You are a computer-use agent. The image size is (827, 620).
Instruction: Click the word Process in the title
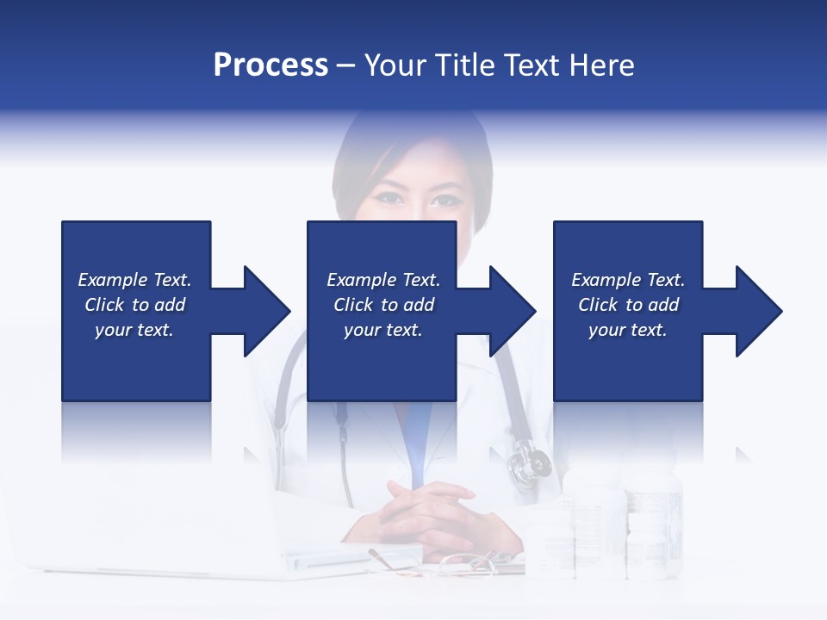270,65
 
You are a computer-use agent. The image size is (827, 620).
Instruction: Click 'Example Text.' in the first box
134,280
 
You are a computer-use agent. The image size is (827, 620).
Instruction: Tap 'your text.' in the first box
134,330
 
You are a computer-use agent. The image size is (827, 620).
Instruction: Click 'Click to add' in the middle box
383,305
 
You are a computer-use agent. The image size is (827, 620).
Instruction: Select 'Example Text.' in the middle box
383,280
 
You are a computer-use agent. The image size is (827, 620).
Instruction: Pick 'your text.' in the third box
628,330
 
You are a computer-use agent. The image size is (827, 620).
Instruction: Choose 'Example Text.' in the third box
628,280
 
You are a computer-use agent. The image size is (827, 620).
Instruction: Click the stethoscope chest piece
527,466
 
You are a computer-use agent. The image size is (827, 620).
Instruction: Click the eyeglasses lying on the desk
465,564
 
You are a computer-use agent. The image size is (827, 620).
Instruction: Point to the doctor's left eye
446,201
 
